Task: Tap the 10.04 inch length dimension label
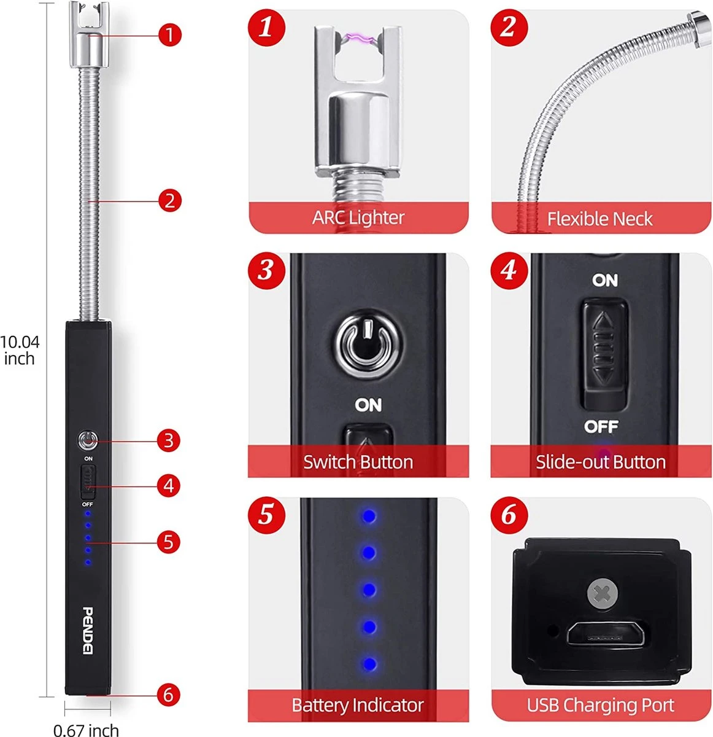[20, 350]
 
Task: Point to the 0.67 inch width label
[86, 730]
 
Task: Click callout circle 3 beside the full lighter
[169, 440]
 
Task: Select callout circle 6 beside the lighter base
[169, 695]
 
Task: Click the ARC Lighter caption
[358, 217]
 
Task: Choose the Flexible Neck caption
[599, 219]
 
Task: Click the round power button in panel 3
[368, 340]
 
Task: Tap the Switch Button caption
[358, 462]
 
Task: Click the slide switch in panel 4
[605, 354]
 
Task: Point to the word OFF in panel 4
[601, 426]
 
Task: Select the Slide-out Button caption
[601, 462]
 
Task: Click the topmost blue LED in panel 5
[369, 517]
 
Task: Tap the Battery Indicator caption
[358, 705]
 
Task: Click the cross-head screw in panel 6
[603, 594]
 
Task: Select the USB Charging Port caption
[601, 705]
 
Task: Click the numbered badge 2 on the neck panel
[509, 27]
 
